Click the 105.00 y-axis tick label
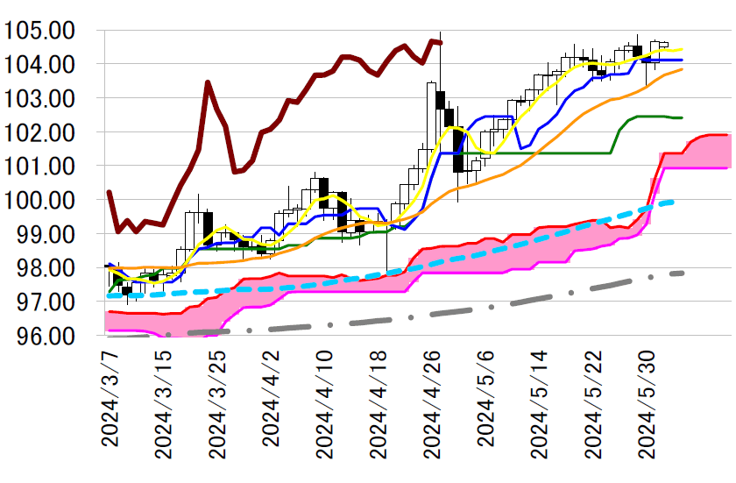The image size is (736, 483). [x=48, y=32]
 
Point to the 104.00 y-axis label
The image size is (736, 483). [x=48, y=65]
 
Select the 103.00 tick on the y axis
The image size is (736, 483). [x=48, y=99]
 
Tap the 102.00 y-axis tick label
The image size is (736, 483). [x=48, y=132]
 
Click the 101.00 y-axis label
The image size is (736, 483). [x=48, y=167]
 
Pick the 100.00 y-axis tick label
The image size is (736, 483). [x=48, y=200]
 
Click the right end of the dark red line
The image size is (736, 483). [x=441, y=41]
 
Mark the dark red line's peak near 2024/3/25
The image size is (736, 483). [x=208, y=82]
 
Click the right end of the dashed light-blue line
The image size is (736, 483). [x=673, y=202]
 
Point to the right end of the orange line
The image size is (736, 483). [x=682, y=69]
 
